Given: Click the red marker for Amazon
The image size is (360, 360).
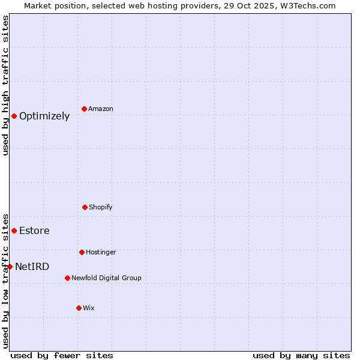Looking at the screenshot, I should point(84,109).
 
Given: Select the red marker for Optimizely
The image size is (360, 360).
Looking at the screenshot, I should point(14,116).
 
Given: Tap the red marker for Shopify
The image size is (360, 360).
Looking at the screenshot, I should point(85,207).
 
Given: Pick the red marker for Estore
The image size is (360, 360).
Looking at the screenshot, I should point(14,230).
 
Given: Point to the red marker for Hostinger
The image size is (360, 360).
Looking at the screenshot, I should point(82,252).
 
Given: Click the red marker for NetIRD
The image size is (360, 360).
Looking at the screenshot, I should point(10,266).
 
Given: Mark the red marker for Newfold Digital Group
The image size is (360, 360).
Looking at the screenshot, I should point(67,278).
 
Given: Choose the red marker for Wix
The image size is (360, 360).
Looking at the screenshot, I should point(79,308).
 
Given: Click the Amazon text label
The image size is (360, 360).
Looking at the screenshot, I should point(101,109).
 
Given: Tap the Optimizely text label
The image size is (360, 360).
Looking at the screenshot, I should point(44,116).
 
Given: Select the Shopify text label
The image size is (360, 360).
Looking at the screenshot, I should point(101,207).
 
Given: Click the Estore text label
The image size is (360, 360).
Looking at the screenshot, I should point(34,231).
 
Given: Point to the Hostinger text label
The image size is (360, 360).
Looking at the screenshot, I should point(101,252).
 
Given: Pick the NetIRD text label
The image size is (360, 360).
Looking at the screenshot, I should point(32,267).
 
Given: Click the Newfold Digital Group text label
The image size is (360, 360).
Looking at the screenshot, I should point(106,278).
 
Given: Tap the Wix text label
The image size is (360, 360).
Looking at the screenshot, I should point(89,308).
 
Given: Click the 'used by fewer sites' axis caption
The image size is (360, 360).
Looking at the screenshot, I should point(62,356).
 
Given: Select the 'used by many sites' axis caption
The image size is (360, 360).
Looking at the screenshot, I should point(301,356).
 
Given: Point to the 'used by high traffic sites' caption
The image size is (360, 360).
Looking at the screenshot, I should point(6,85).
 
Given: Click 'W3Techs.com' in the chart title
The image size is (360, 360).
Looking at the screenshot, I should point(305,5).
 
